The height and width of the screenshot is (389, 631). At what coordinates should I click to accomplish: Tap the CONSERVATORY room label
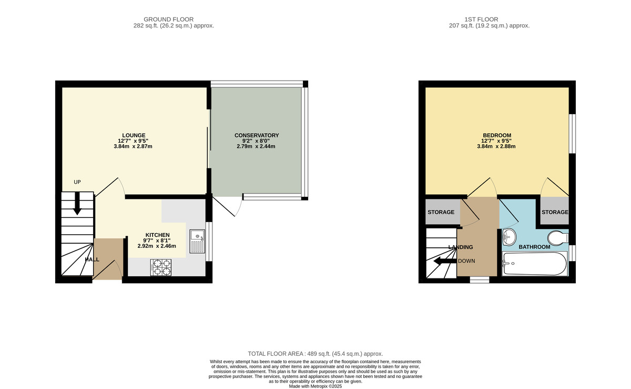click(x=257, y=135)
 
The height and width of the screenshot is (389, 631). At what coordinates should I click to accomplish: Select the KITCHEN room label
click(x=157, y=235)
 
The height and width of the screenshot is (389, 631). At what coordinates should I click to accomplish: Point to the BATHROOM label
click(x=534, y=247)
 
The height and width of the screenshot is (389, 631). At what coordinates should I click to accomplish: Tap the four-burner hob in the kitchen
click(x=161, y=267)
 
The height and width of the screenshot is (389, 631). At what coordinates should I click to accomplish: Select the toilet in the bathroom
click(x=557, y=238)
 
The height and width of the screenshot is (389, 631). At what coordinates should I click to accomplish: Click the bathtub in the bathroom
click(x=534, y=263)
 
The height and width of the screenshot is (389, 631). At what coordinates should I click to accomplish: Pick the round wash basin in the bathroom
click(x=510, y=237)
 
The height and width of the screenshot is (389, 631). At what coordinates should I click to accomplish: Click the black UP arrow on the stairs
click(x=77, y=203)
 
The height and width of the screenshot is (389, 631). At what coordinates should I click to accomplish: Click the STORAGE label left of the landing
click(x=441, y=212)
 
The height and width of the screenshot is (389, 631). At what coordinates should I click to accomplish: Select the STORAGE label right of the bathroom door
click(x=555, y=212)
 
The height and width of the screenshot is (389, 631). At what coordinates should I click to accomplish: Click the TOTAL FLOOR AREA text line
click(x=315, y=354)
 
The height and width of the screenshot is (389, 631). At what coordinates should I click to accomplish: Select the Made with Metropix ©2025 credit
click(x=315, y=386)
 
